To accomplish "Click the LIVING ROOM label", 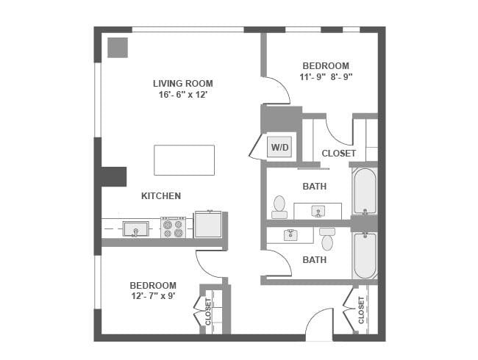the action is (x=183, y=84).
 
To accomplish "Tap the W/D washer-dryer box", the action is (x=279, y=147).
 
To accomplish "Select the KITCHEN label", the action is (x=161, y=196).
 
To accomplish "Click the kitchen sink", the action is (x=135, y=228).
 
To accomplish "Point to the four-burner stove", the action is (x=173, y=227).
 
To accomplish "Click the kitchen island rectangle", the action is (x=184, y=160).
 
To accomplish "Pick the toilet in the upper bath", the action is (x=279, y=207).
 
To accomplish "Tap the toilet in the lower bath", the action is (x=327, y=239).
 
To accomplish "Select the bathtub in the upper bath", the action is (x=365, y=191).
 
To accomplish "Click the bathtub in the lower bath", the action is (x=365, y=256).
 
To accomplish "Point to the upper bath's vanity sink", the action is (x=318, y=211).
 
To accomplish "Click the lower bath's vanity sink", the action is (x=290, y=235).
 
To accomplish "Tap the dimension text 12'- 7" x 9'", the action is (x=153, y=296).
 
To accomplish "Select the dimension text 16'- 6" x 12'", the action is (x=183, y=95).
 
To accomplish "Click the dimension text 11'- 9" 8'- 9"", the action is (x=326, y=77).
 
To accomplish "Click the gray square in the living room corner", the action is (x=118, y=48).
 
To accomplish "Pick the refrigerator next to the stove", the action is (x=208, y=224).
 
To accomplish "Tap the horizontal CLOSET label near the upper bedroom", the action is (x=339, y=154).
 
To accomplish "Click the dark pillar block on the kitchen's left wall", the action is (x=113, y=176).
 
